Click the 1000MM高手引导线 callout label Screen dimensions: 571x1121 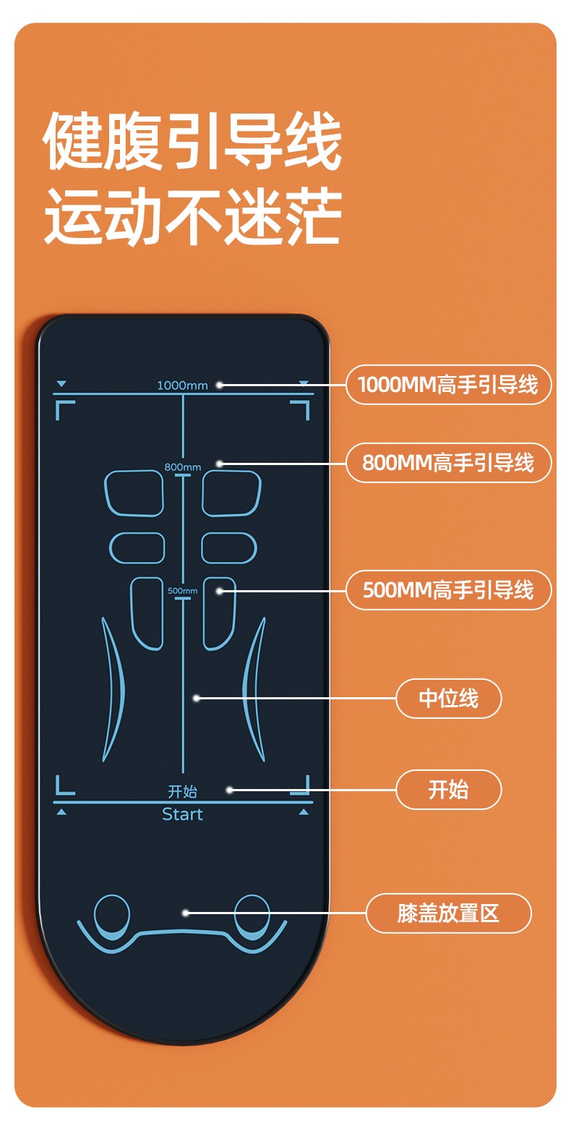pyautogui.click(x=448, y=385)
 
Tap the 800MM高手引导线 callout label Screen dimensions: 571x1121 pyautogui.click(x=448, y=463)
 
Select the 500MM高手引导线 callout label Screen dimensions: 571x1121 pyautogui.click(x=448, y=590)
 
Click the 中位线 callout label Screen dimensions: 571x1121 pyautogui.click(x=448, y=699)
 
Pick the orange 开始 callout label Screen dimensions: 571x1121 pyautogui.click(x=448, y=790)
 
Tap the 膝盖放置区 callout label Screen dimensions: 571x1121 pyautogui.click(x=448, y=913)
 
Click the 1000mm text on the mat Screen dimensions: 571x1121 pyautogui.click(x=182, y=385)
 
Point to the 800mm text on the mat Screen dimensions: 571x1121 pyautogui.click(x=182, y=466)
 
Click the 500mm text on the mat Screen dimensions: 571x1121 pyautogui.click(x=182, y=591)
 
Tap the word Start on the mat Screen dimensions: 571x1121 pyautogui.click(x=182, y=814)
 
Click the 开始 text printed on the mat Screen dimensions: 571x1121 pyautogui.click(x=182, y=792)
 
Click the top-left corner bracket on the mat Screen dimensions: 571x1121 pyautogui.click(x=64, y=409)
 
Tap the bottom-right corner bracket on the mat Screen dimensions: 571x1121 pyautogui.click(x=301, y=786)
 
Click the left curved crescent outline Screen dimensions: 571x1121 pyautogui.click(x=113, y=687)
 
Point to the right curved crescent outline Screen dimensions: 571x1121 pyautogui.click(x=253, y=687)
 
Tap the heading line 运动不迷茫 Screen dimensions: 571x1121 pyautogui.click(x=192, y=215)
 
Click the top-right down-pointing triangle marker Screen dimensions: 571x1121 pyautogui.click(x=304, y=383)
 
